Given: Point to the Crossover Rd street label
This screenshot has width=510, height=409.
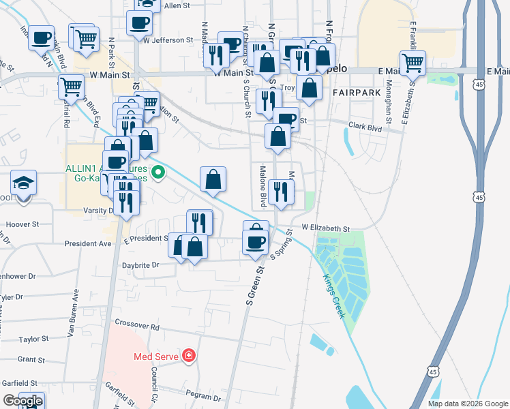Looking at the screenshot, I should [x=137, y=326].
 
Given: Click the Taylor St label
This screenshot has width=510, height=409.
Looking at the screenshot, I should [x=33, y=339].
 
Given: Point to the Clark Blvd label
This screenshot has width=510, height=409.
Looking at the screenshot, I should [x=365, y=126].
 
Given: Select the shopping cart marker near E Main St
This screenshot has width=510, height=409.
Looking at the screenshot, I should [x=412, y=64].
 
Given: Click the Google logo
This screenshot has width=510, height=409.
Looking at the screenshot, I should [x=23, y=401].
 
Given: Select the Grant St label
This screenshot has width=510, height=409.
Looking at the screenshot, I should [x=31, y=359].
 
